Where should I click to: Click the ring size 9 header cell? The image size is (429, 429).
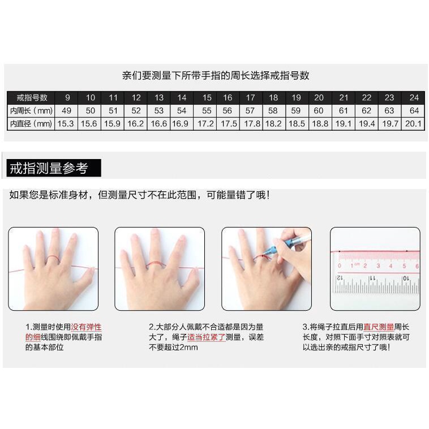click(67, 97)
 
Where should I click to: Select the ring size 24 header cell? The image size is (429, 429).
click(414, 97)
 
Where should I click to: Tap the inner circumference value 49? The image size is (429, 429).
click(67, 110)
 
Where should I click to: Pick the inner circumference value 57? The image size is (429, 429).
click(250, 110)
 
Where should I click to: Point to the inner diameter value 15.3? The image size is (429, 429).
click(66, 123)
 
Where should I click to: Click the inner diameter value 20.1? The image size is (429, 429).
click(414, 123)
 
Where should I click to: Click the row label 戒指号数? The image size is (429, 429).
click(31, 97)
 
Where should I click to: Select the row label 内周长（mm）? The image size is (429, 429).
click(31, 110)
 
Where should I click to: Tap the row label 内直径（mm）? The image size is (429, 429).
click(31, 123)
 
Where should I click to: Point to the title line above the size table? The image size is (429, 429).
click(216, 75)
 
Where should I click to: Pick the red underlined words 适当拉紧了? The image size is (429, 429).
click(206, 337)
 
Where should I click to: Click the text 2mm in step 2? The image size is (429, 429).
click(189, 347)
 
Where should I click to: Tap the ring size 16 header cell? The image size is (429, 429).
click(228, 97)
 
